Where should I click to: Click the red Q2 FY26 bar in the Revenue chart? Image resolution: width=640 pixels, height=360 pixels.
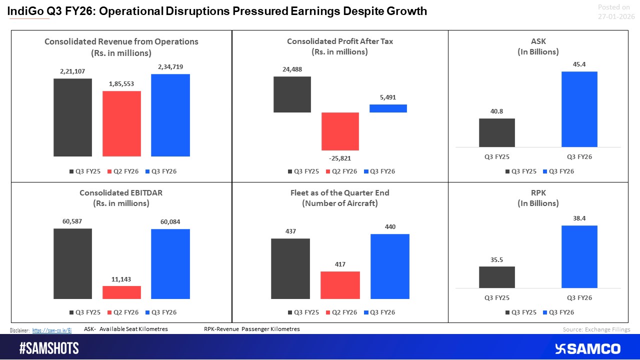pos(121,123)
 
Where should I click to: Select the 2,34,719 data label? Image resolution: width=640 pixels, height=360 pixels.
pos(170,67)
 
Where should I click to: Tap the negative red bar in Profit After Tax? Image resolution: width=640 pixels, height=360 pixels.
pos(340,131)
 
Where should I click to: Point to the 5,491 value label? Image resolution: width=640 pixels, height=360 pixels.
pos(388,97)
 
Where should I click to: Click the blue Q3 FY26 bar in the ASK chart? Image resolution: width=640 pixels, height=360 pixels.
pos(579,109)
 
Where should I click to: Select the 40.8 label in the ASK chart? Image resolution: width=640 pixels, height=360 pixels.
pos(496,111)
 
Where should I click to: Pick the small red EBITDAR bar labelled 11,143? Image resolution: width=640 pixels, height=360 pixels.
pos(121,292)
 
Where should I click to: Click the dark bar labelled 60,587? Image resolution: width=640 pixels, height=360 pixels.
pos(73,263)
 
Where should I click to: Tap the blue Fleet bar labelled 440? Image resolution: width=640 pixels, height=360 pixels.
pos(389,266)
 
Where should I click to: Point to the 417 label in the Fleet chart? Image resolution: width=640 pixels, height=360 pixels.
pos(340,264)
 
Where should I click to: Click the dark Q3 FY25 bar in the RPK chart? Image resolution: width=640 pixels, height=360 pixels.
pos(496,277)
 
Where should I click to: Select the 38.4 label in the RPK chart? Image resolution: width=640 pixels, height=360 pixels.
pos(579,218)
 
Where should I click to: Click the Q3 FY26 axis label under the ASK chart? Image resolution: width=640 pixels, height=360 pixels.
pos(579,156)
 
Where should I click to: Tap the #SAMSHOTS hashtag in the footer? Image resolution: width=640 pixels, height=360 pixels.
pos(49,348)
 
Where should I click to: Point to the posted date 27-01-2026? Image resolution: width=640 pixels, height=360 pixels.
pos(616,16)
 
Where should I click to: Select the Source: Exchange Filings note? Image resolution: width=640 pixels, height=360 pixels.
pos(596,329)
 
